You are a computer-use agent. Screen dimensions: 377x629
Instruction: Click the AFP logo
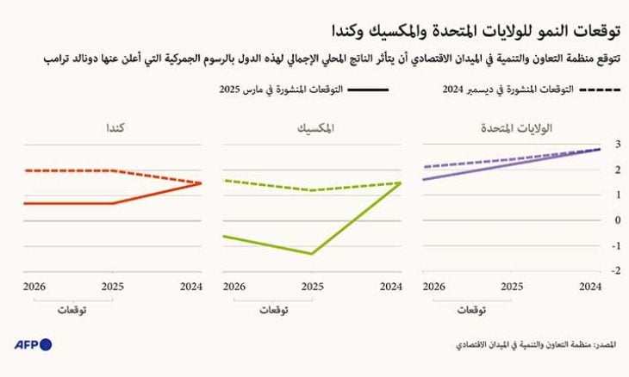pyautogui.click(x=33, y=344)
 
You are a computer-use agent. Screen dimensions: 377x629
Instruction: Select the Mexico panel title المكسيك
pyautogui.click(x=313, y=128)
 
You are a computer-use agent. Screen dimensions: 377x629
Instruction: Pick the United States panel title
pyautogui.click(x=514, y=128)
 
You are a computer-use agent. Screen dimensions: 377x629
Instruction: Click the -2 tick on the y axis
pyautogui.click(x=614, y=270)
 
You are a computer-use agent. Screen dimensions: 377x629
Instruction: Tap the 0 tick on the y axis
pyautogui.click(x=616, y=220)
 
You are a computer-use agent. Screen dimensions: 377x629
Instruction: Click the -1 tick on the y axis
pyautogui.click(x=614, y=245)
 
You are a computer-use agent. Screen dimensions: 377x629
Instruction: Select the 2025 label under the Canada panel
pyautogui.click(x=111, y=285)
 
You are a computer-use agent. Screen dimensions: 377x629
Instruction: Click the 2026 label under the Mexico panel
pyautogui.click(x=234, y=285)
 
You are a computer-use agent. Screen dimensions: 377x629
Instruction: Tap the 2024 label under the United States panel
pyautogui.click(x=589, y=285)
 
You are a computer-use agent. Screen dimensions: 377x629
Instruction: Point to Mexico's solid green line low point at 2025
pyautogui.click(x=312, y=254)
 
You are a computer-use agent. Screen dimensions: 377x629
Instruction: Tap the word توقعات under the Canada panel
pyautogui.click(x=72, y=308)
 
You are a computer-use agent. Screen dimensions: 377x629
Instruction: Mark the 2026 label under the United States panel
pyautogui.click(x=436, y=285)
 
